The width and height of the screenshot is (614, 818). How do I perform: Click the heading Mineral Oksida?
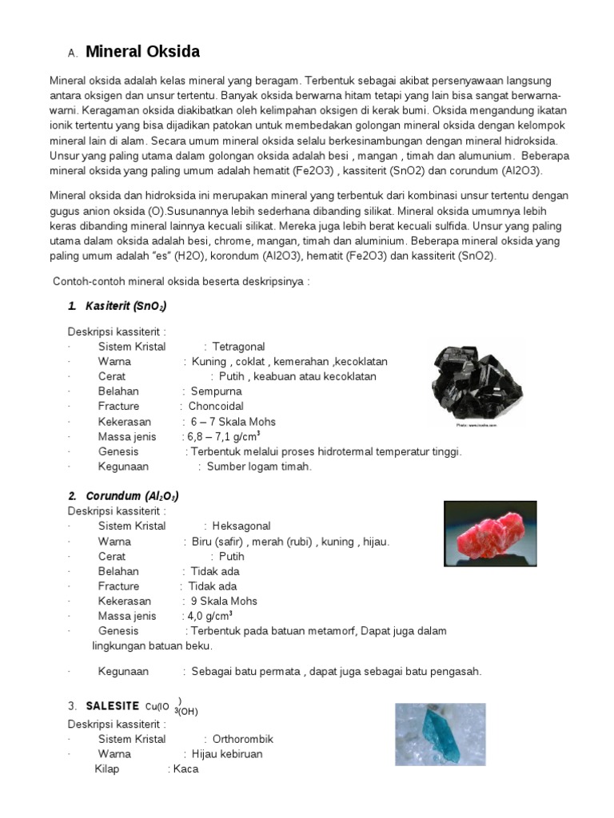tap(142, 53)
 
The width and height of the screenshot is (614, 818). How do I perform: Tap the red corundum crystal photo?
tap(490, 533)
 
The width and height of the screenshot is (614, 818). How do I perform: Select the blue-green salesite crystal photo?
tap(440, 733)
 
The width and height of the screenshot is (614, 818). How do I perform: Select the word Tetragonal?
tap(238, 347)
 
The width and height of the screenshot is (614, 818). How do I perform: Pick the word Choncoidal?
tap(216, 407)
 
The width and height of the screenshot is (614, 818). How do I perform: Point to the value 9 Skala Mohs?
tap(224, 601)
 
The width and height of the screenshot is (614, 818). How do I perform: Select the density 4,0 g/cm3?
tap(209, 616)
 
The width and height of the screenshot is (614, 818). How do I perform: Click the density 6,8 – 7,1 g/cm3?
tap(223, 437)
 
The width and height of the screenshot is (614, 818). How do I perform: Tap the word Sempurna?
tap(216, 391)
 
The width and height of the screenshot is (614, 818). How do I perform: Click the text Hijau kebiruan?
tap(226, 754)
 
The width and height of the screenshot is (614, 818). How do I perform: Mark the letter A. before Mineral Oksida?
tap(72, 54)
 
